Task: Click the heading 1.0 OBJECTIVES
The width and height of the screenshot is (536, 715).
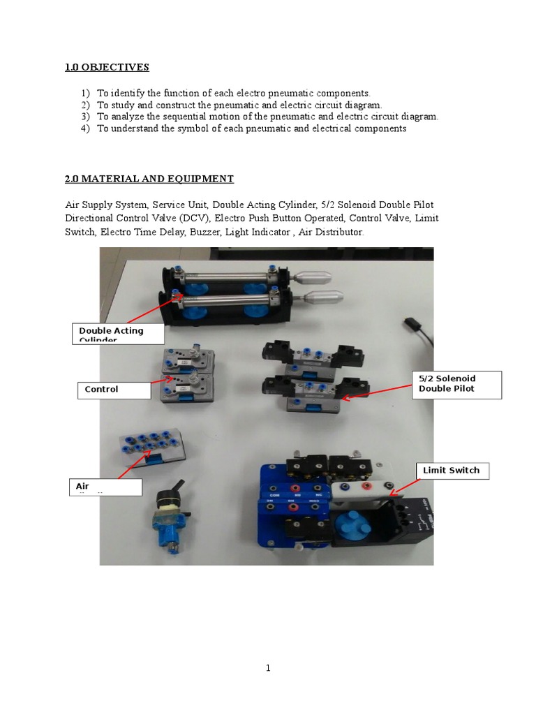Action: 107,67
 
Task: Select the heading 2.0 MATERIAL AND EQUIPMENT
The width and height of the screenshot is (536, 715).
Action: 149,179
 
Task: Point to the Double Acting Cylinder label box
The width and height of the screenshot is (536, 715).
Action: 118,334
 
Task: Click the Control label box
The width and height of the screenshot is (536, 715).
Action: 114,390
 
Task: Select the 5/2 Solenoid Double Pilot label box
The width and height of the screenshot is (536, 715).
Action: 456,383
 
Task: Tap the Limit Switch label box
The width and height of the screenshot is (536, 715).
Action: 452,471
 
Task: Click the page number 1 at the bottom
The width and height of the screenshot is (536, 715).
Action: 267,668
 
